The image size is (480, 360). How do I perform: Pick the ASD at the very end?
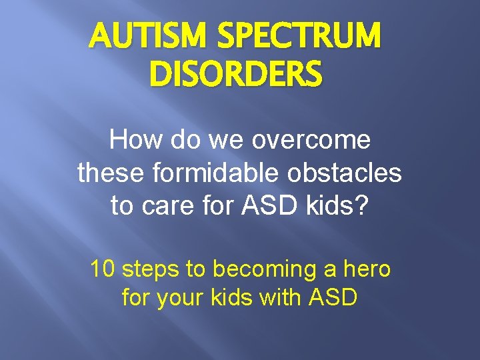click(333, 297)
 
